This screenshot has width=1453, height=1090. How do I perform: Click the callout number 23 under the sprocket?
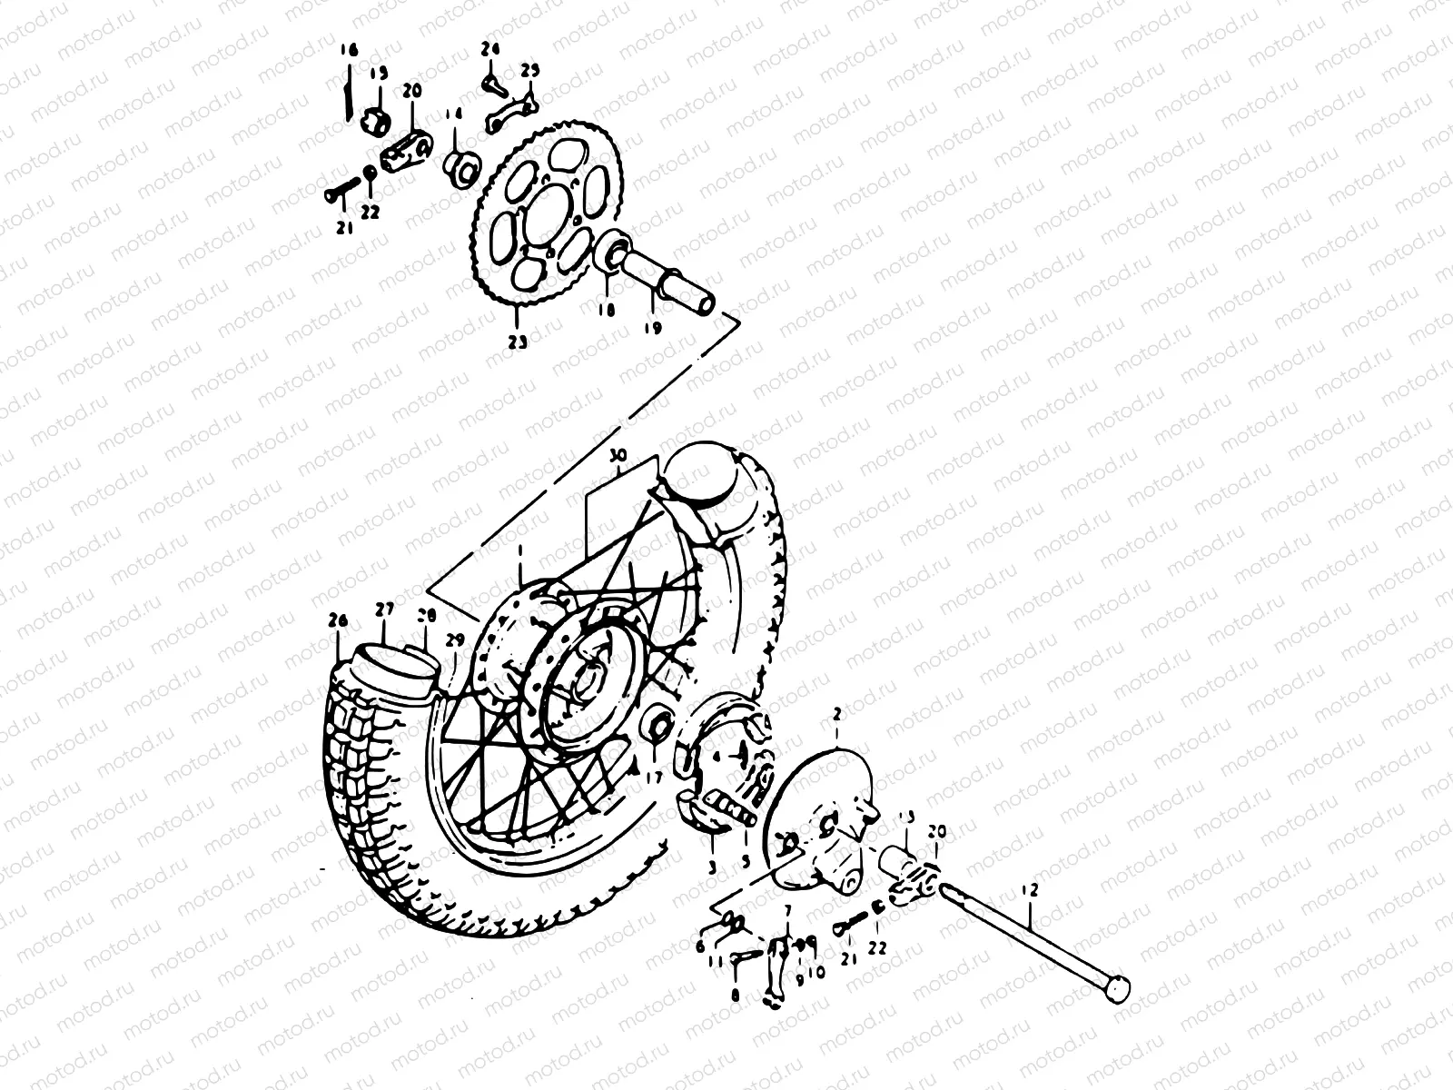click(x=517, y=343)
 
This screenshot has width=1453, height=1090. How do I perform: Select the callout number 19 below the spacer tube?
click(x=652, y=327)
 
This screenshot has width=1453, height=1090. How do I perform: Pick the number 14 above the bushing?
click(x=453, y=114)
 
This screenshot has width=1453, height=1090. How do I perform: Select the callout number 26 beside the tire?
click(x=338, y=621)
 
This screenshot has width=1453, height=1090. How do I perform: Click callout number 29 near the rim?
click(x=454, y=639)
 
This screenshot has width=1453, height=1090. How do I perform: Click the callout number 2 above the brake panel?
click(x=835, y=717)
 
